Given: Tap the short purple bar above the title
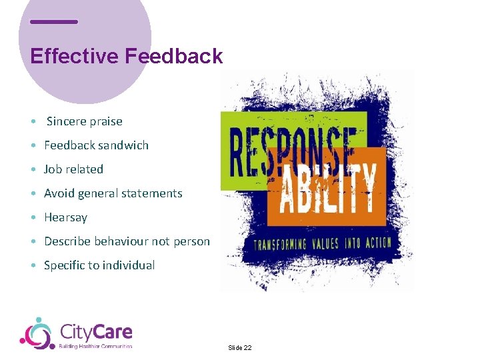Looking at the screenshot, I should click(x=54, y=21).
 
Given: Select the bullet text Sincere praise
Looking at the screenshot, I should click(x=84, y=121).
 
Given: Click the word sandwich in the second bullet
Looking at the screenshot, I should click(x=124, y=145).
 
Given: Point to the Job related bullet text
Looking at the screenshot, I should click(x=73, y=169).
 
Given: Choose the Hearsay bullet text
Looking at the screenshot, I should click(x=65, y=217).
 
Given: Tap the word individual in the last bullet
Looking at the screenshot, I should click(x=128, y=265).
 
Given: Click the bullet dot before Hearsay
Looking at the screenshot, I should click(x=33, y=218).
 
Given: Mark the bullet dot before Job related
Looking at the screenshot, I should click(x=33, y=170).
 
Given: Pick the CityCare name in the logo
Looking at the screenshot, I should click(x=96, y=331).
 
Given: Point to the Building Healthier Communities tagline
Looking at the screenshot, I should click(x=95, y=346).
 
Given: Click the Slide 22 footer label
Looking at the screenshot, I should click(x=239, y=348).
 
